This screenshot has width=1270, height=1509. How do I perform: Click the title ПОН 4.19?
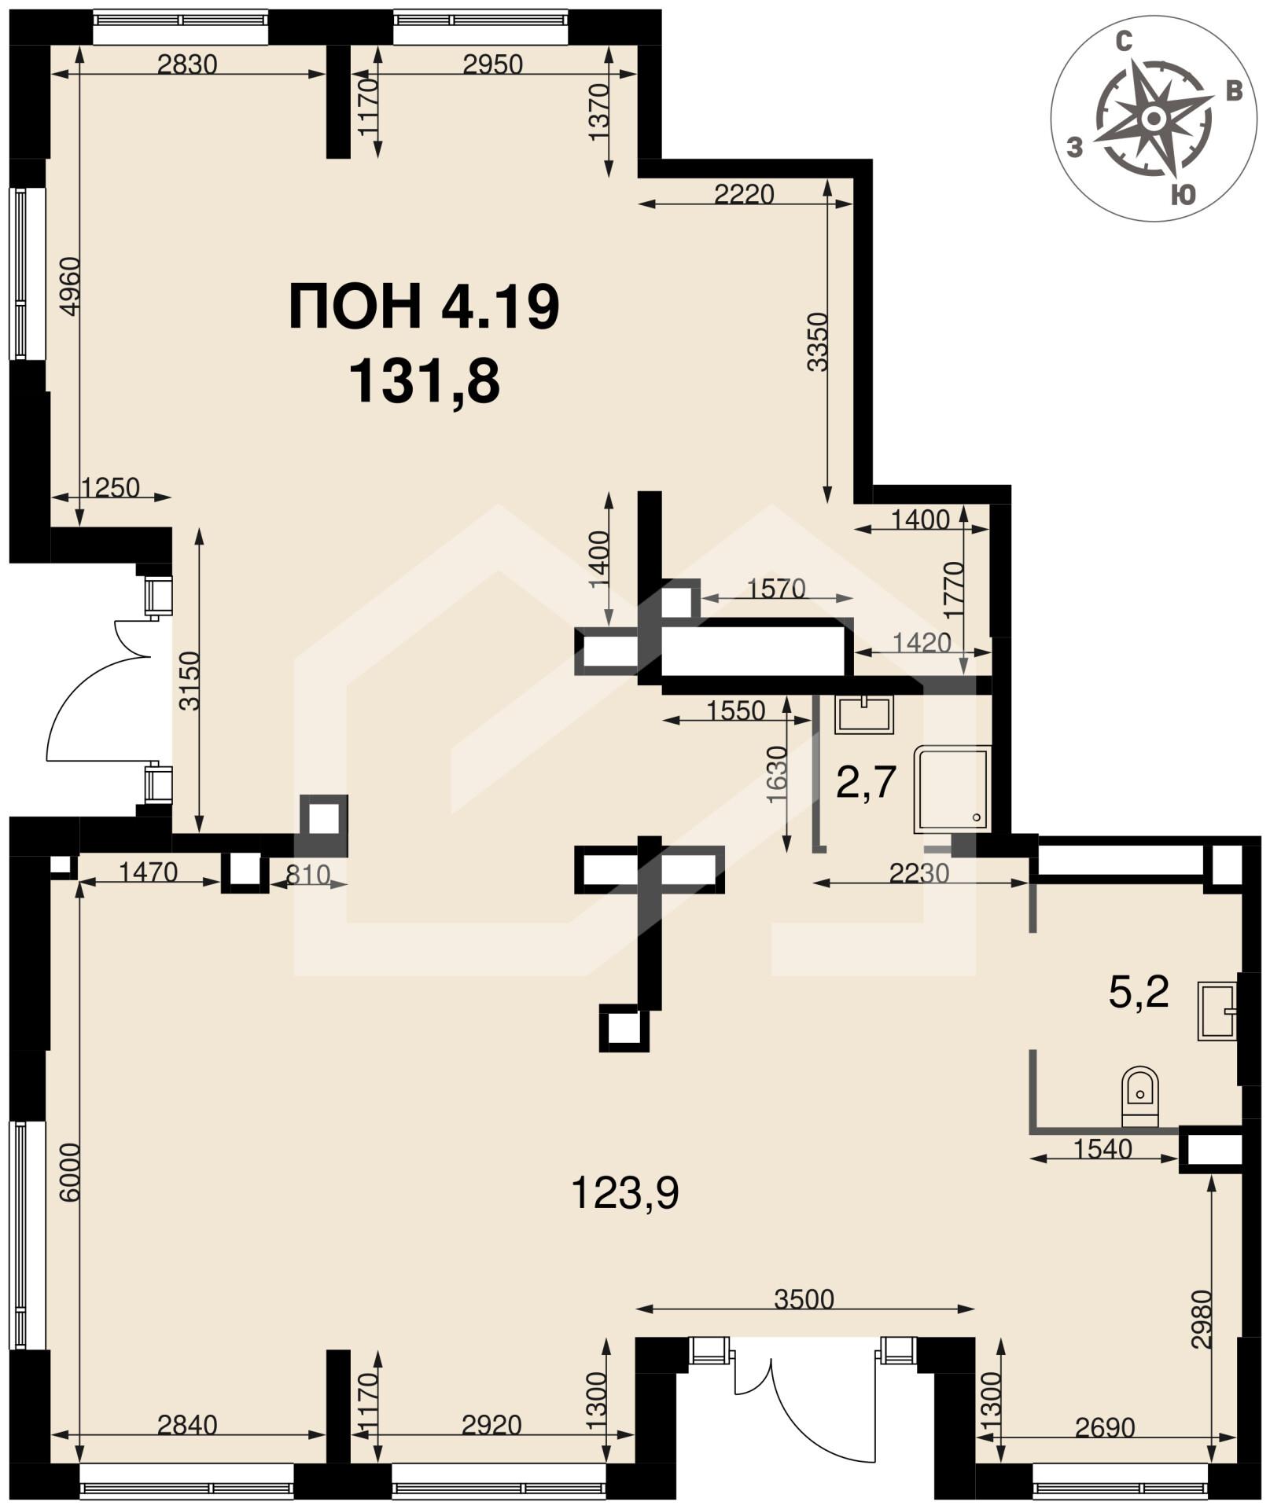424,307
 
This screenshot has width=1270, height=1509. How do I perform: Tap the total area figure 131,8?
424,381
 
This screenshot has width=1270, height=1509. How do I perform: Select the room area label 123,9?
624,1193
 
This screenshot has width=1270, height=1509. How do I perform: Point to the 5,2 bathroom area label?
1138,992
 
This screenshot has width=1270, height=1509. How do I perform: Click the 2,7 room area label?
866,782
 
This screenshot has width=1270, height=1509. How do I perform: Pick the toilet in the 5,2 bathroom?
1139,1095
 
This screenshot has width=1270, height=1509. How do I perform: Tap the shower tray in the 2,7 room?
952,789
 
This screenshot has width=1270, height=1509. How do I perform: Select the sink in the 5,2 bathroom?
1217,1011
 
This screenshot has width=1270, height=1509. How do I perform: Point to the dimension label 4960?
70,286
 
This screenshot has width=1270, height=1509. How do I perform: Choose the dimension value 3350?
818,341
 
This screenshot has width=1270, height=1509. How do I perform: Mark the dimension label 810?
307,875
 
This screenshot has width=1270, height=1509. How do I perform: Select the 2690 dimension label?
1105,1426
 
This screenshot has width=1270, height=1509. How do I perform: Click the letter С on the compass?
1125,42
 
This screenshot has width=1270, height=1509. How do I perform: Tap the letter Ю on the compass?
1183,194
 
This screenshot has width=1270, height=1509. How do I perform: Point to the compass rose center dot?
1154,119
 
